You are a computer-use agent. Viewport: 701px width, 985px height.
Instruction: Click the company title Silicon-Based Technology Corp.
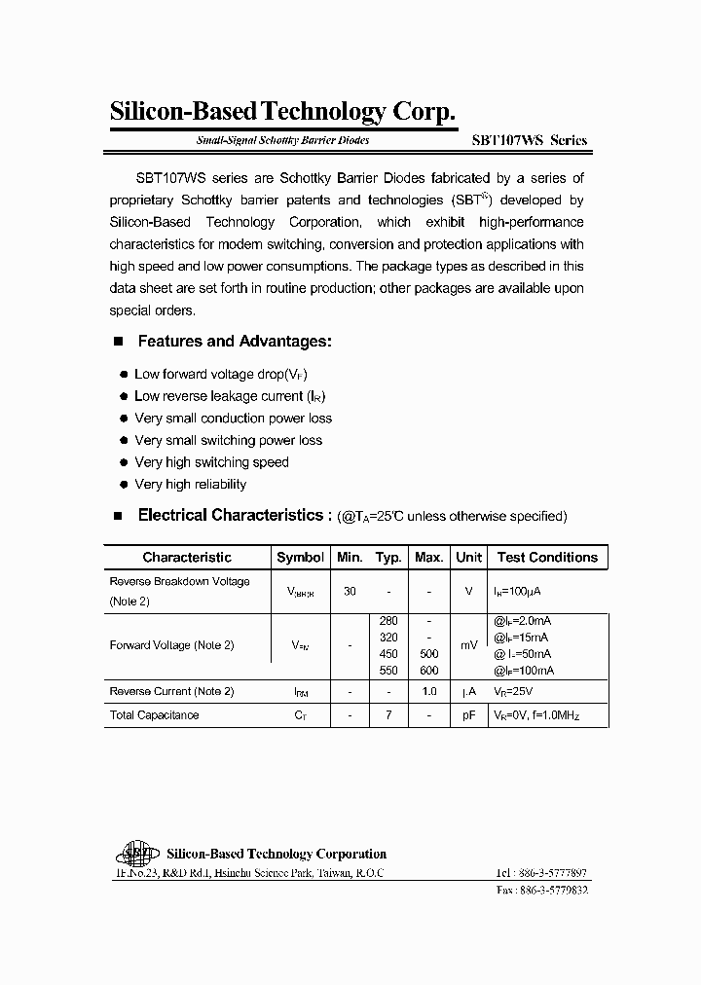[x=282, y=113]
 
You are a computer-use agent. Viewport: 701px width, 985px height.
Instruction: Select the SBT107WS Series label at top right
[x=535, y=140]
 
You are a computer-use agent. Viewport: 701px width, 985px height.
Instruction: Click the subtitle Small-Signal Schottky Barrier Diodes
[x=282, y=141]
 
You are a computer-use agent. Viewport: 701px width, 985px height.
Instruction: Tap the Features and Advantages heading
[x=235, y=342]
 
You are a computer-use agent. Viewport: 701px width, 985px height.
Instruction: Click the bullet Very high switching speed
[x=211, y=462]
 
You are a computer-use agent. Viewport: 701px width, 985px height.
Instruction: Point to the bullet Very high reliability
[x=190, y=485]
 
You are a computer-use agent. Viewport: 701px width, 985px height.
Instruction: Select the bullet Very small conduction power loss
[x=233, y=419]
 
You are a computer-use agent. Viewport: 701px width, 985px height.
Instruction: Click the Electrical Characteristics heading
[x=229, y=515]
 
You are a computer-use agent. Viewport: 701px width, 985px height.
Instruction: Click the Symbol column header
[x=300, y=558]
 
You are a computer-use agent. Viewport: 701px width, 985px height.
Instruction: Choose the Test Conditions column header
[x=547, y=558]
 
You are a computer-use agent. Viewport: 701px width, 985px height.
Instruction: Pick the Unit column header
[x=468, y=558]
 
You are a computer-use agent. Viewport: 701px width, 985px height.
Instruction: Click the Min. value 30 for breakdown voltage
[x=350, y=591]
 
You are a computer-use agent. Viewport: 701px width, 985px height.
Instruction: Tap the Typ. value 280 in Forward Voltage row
[x=388, y=620]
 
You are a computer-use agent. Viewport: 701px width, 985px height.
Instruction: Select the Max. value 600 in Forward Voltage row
[x=428, y=671]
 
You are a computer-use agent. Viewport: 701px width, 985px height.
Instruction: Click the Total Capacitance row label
[x=154, y=715]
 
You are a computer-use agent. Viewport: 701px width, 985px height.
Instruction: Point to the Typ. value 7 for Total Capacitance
[x=388, y=715]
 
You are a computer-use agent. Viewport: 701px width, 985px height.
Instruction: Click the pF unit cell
[x=468, y=715]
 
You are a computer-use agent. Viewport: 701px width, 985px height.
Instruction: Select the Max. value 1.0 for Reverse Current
[x=428, y=692]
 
